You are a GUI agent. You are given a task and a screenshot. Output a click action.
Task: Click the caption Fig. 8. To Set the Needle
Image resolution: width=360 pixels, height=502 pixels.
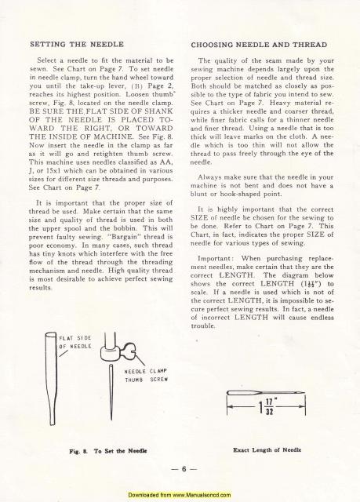(x=87, y=451)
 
